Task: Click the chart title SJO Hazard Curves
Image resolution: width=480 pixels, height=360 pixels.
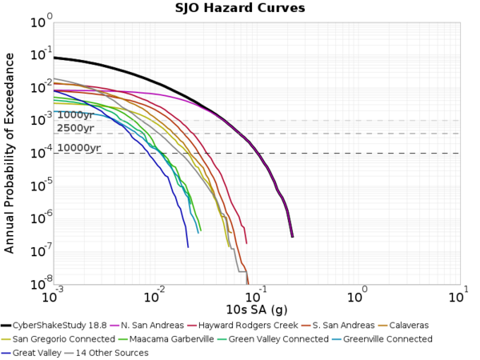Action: tap(240, 9)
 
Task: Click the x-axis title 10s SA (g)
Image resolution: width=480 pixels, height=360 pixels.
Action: tap(256, 310)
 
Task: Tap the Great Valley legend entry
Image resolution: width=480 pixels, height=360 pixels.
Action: tap(36, 353)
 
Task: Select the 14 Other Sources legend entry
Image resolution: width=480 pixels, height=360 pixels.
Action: tap(113, 353)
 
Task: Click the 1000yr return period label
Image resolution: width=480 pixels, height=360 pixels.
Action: tap(76, 115)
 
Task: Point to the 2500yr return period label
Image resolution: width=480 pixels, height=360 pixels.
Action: tap(76, 128)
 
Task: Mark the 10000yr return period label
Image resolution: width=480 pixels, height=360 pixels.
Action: tap(78, 148)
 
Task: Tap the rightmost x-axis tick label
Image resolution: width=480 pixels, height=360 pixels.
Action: tap(457, 297)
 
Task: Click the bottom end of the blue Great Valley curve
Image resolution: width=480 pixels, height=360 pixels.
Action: tap(188, 247)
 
